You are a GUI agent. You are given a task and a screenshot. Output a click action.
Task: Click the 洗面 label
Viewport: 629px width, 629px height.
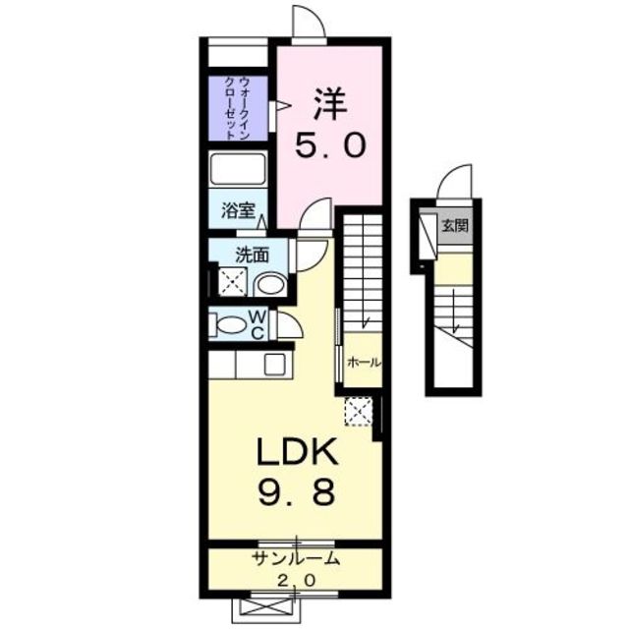pos(252,254)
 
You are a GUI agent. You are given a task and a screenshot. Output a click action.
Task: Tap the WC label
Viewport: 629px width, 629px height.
pos(255,323)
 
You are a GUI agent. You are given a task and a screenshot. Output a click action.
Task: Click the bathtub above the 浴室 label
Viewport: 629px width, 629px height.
pos(239,169)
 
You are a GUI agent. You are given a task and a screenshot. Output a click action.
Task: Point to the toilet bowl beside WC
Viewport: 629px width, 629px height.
pos(231,324)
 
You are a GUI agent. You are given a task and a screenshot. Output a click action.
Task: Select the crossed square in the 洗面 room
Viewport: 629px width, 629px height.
pos(232,283)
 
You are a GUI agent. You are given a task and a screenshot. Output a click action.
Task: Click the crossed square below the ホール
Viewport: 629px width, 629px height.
pos(358,411)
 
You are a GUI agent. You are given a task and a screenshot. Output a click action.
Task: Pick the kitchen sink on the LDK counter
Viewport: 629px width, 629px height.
pos(274,363)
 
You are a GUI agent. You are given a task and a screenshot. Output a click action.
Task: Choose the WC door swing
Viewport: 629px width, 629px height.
pos(286,324)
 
